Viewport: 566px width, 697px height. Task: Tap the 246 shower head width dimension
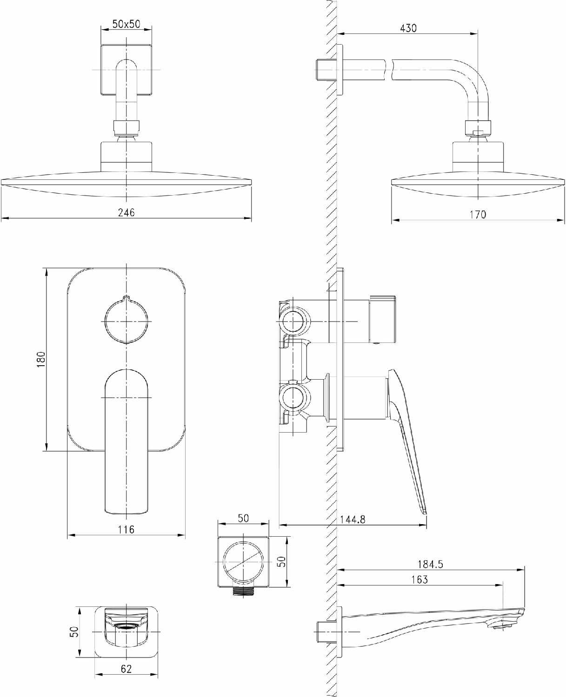pyautogui.click(x=126, y=212)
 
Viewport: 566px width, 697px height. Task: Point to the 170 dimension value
pyautogui.click(x=478, y=214)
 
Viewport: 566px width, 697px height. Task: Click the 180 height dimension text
pyautogui.click(x=41, y=360)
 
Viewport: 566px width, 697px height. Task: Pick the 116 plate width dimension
pyautogui.click(x=126, y=529)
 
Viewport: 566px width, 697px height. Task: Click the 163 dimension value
pyautogui.click(x=420, y=579)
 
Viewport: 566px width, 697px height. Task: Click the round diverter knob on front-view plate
pyautogui.click(x=126, y=321)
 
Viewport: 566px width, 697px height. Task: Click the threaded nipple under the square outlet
pyautogui.click(x=243, y=591)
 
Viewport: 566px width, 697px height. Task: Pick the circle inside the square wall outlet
pyautogui.click(x=243, y=562)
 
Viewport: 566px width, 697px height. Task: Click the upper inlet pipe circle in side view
pyautogui.click(x=294, y=321)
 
